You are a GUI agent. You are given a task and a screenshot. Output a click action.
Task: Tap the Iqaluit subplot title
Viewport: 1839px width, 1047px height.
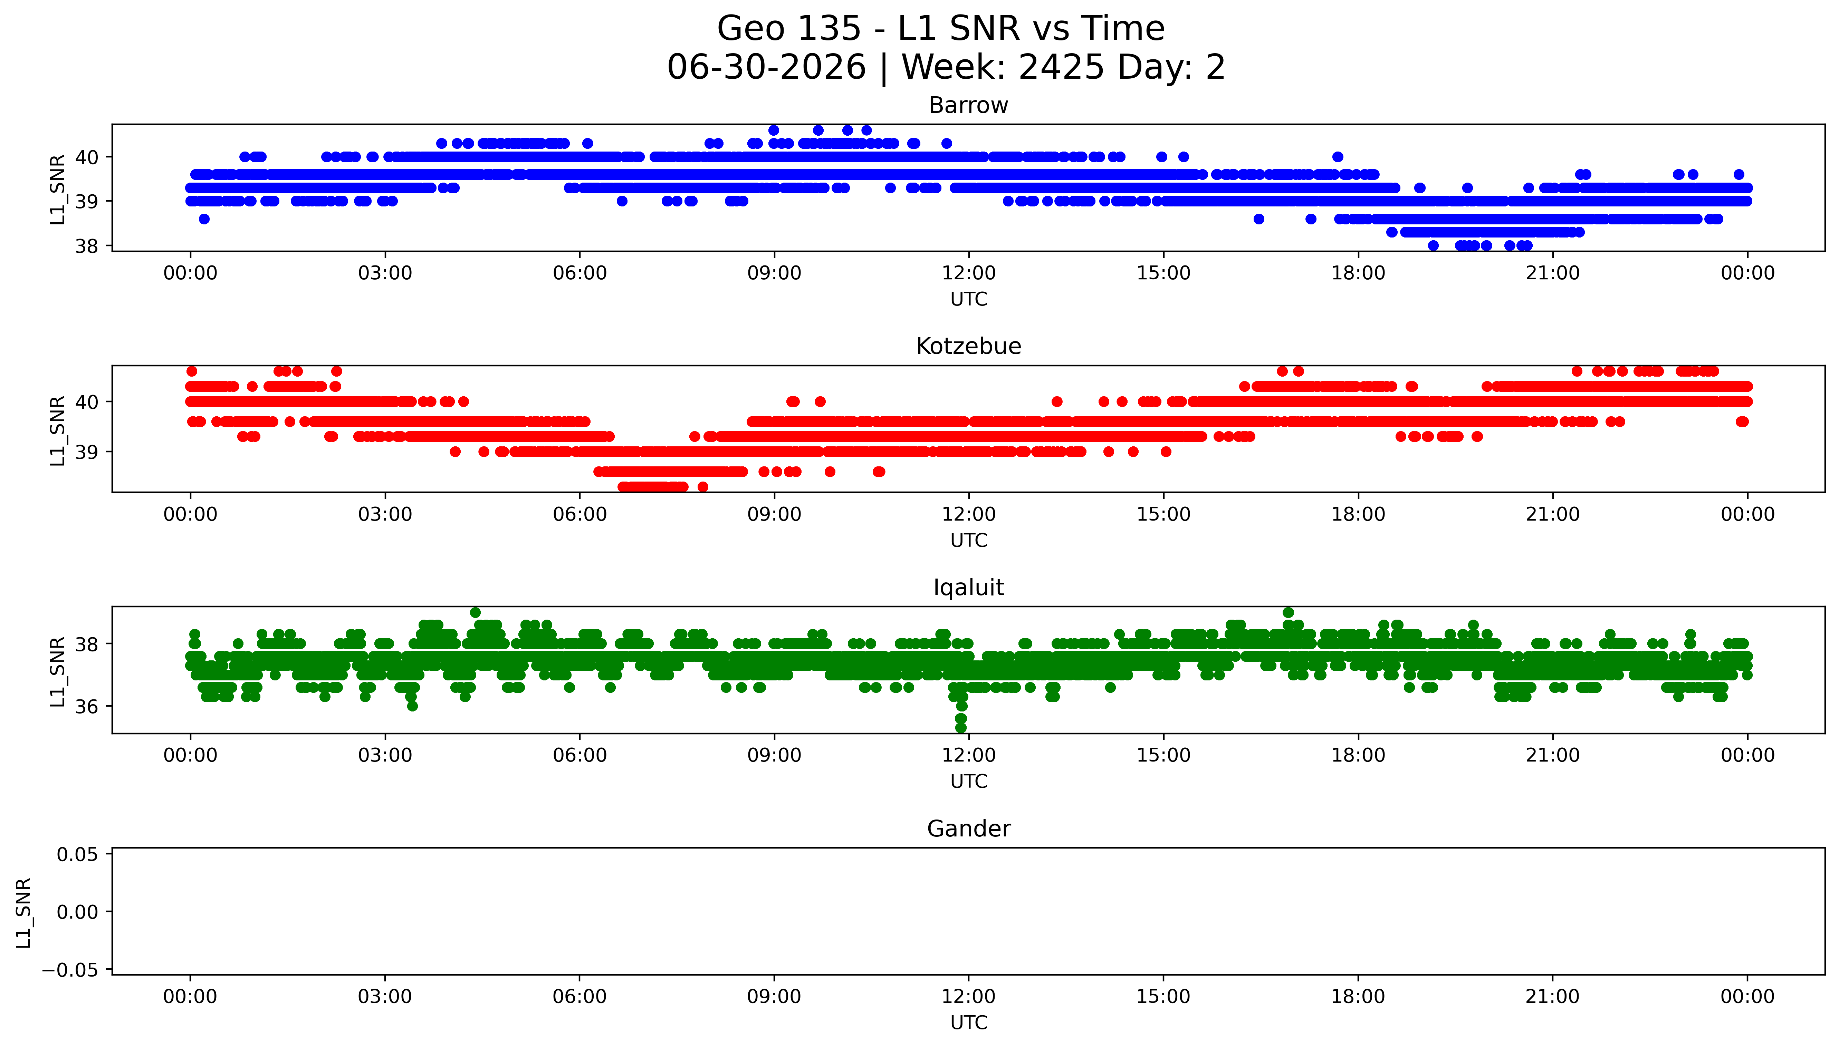[968, 588]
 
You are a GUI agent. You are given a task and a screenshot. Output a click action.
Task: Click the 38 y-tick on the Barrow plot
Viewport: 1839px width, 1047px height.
[87, 246]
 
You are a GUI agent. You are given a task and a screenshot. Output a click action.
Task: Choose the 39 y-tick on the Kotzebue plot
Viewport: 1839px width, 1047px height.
[87, 452]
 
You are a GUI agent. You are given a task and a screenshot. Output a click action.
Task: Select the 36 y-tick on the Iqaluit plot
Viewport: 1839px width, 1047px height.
[87, 706]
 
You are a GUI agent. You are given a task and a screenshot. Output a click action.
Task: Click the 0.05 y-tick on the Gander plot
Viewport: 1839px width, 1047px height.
[78, 854]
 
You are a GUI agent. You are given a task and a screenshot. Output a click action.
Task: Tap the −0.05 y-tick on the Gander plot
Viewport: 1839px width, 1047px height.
[70, 970]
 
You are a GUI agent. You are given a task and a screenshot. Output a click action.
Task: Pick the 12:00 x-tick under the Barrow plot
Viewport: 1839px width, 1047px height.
[969, 273]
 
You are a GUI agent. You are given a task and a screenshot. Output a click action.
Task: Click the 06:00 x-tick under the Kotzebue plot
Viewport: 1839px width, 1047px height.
[580, 514]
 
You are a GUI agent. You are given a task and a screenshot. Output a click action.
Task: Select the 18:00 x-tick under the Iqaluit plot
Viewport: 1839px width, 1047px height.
[1358, 755]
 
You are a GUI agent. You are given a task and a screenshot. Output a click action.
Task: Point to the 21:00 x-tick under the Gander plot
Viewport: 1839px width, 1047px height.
[1553, 997]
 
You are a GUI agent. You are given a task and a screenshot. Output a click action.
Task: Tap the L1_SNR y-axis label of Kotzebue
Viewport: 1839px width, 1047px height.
[58, 430]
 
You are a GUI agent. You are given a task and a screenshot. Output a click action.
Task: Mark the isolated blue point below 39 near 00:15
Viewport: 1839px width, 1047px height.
[204, 219]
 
